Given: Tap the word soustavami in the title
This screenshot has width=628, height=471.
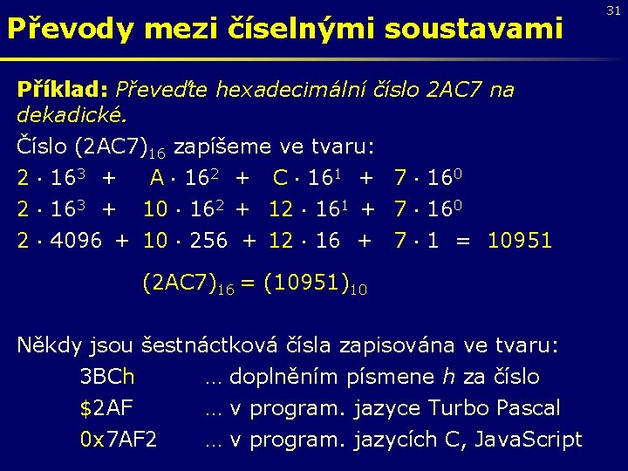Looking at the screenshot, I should (x=469, y=30).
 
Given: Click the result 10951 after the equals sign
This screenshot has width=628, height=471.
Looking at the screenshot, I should (x=520, y=240).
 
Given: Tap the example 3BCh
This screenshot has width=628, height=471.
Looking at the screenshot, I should (x=107, y=377).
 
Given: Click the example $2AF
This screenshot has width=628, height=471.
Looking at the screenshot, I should (x=106, y=408).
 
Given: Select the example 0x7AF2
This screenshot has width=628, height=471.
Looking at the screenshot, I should (x=119, y=440).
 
